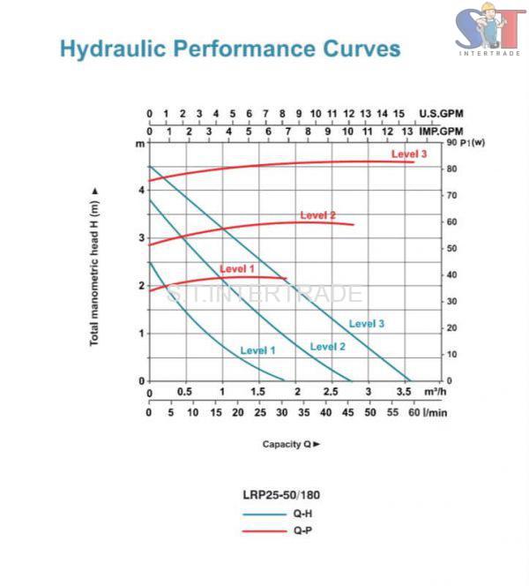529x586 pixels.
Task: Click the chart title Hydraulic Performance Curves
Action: tap(230, 48)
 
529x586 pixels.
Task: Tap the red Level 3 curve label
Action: tap(409, 154)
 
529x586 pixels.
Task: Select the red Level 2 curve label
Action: tap(317, 214)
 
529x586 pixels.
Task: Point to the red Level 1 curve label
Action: tap(236, 268)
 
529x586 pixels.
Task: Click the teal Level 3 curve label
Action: tap(366, 324)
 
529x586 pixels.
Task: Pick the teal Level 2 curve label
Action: tap(327, 347)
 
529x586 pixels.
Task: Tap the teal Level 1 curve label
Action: tap(257, 350)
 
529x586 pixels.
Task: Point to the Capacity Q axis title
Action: tap(290, 444)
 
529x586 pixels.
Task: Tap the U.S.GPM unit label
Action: tap(441, 114)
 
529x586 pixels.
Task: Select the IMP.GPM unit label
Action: tap(441, 131)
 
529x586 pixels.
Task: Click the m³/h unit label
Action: tap(436, 392)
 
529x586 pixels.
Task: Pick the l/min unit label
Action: tap(434, 412)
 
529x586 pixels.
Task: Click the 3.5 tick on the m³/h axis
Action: tap(406, 392)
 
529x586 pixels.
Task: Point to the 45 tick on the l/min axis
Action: tap(348, 412)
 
